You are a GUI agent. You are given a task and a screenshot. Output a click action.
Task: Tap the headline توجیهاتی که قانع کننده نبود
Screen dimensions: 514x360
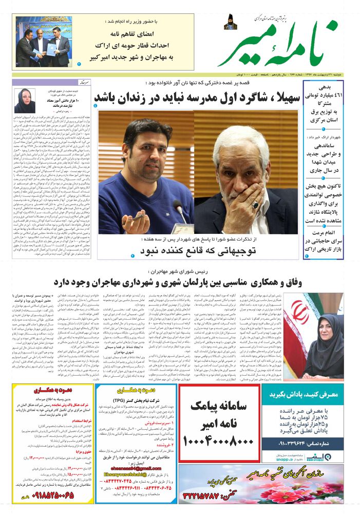(195, 251)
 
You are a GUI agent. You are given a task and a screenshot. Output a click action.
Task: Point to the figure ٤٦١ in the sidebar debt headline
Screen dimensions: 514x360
(321, 96)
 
